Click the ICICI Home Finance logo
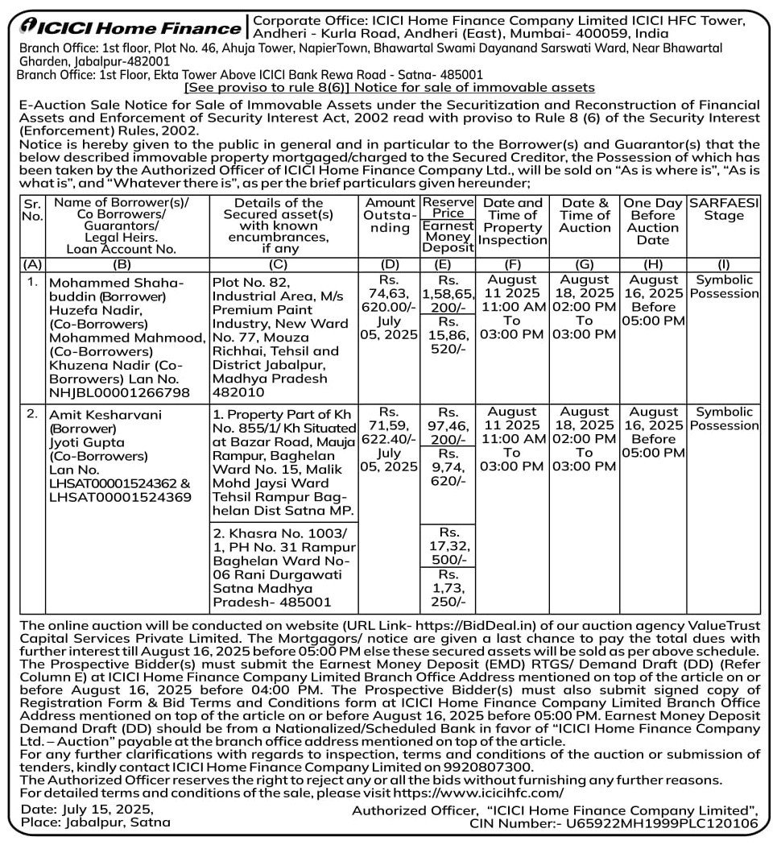pyautogui.click(x=129, y=26)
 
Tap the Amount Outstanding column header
pyautogui.click(x=390, y=216)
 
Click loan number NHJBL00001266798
pyautogui.click(x=120, y=392)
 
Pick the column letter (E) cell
pyautogui.click(x=448, y=263)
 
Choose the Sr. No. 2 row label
pyautogui.click(x=32, y=413)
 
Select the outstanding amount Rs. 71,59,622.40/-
pyautogui.click(x=390, y=440)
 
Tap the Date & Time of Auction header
pyautogui.click(x=585, y=216)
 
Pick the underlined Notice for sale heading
pyautogui.click(x=389, y=87)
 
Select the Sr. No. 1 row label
pyautogui.click(x=32, y=281)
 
